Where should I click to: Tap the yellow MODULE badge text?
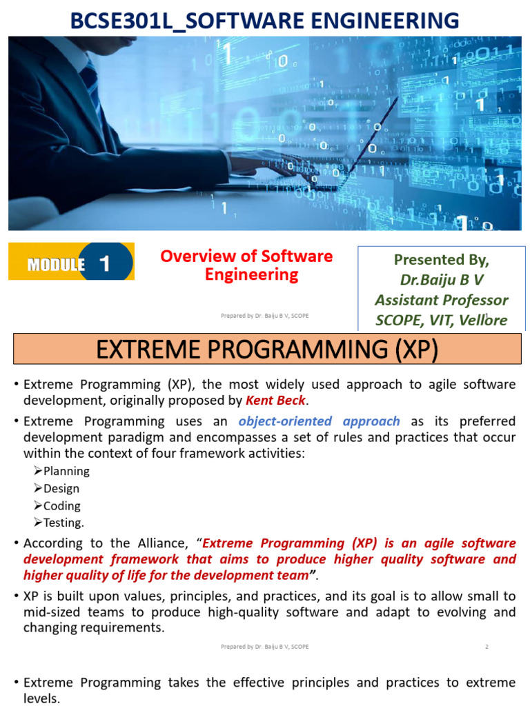click(56, 265)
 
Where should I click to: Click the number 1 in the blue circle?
click(105, 263)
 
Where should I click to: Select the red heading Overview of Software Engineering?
click(246, 265)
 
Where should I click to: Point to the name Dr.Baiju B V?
click(441, 280)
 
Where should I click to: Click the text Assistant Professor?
click(441, 300)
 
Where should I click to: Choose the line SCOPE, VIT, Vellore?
click(441, 320)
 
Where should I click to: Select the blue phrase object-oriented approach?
click(319, 421)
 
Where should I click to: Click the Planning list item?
click(66, 471)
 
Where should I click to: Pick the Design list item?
click(61, 488)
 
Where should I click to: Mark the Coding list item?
click(61, 505)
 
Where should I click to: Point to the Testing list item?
click(63, 523)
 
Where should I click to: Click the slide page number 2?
click(487, 647)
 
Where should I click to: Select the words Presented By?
click(441, 260)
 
